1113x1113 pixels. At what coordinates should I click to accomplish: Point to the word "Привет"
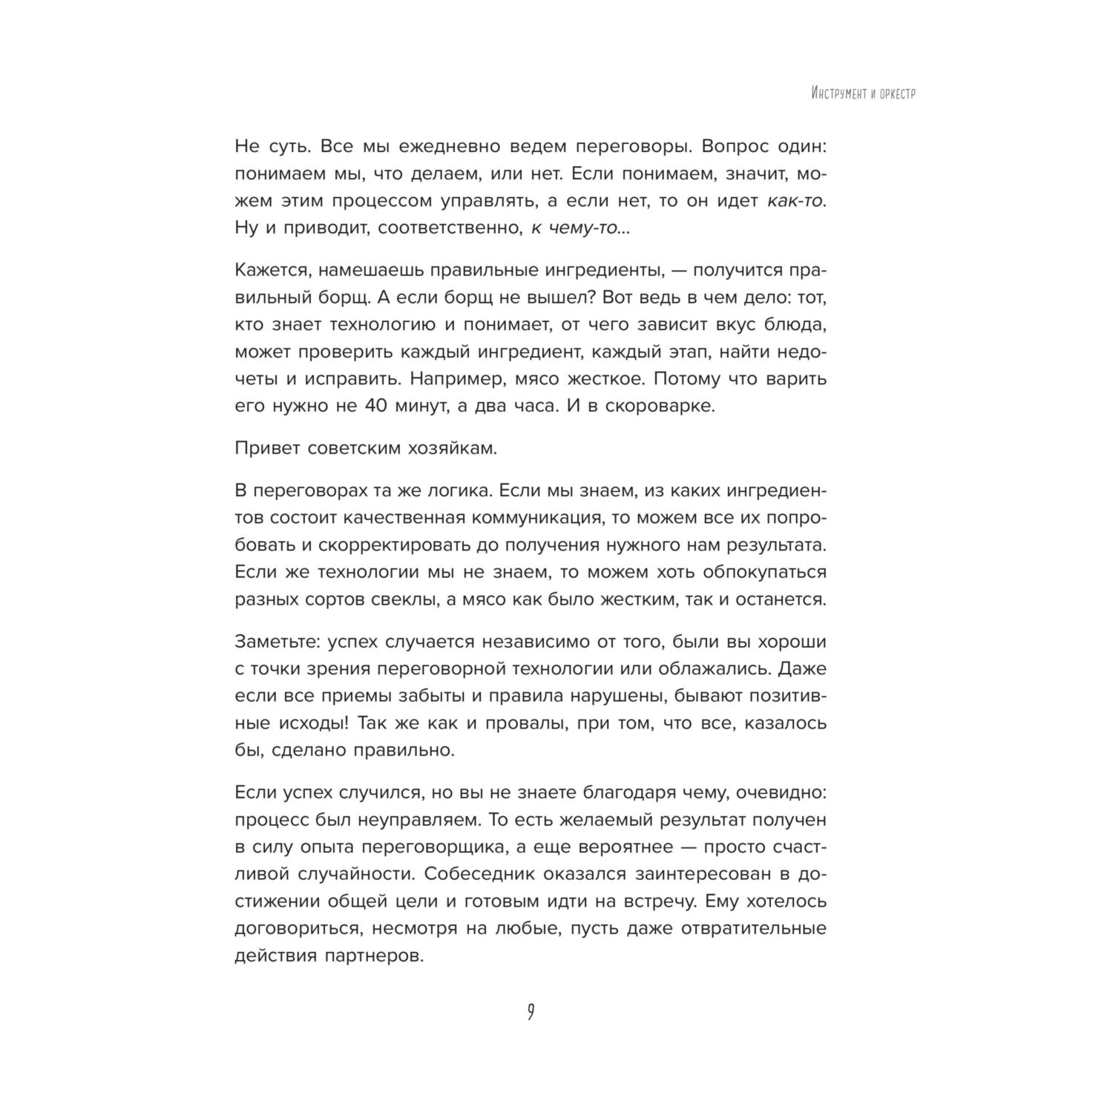(x=266, y=448)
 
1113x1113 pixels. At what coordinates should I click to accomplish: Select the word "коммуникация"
(x=525, y=517)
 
